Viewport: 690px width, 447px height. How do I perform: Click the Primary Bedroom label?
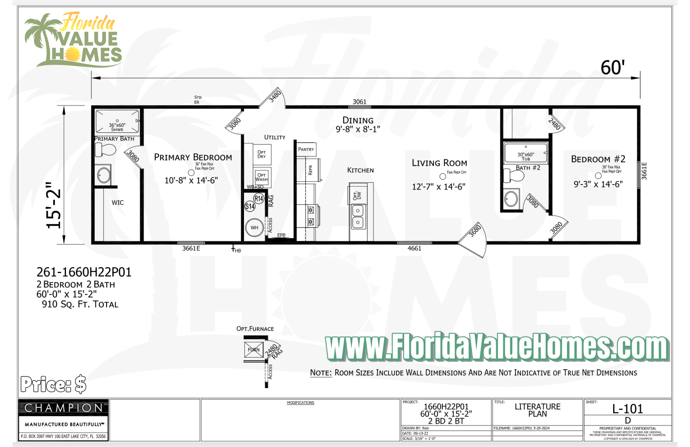[x=193, y=157]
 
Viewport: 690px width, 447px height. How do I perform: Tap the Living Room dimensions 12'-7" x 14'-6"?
[x=438, y=187]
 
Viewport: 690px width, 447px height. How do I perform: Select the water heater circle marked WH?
[x=254, y=228]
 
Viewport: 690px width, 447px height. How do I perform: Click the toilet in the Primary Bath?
[x=106, y=150]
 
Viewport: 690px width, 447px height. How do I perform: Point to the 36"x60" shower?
[x=117, y=121]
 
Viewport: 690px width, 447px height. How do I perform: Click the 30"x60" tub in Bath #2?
[x=525, y=153]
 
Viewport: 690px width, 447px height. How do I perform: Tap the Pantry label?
[x=306, y=149]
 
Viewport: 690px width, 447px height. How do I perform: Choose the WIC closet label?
[x=117, y=203]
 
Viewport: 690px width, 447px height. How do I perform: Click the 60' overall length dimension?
[x=612, y=67]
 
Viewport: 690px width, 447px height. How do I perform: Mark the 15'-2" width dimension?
[x=54, y=205]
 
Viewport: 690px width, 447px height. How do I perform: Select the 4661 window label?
[x=414, y=248]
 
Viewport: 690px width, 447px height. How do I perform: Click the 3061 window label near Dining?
[x=359, y=102]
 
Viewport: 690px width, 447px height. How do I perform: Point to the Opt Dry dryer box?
[x=262, y=154]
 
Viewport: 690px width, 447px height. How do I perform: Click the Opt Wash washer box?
[x=262, y=177]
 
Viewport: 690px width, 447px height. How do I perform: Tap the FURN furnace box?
[x=254, y=350]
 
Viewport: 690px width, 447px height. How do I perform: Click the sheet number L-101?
[x=628, y=409]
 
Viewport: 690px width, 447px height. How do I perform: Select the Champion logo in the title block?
[x=63, y=408]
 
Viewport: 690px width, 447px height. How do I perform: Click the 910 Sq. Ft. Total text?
[x=80, y=304]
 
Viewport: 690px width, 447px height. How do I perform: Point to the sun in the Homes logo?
[x=72, y=54]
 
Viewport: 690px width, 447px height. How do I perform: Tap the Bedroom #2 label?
[x=598, y=159]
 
